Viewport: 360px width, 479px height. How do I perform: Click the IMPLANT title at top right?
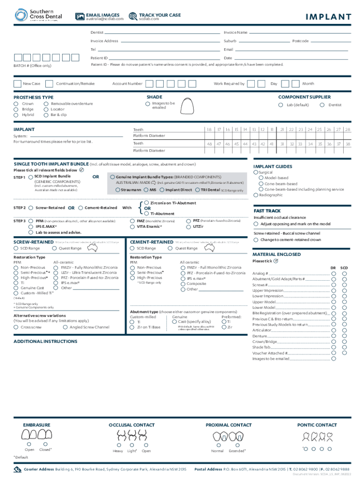click(328, 17)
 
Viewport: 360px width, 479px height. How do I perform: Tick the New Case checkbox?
click(17, 84)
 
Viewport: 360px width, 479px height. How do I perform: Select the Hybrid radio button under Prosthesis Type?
click(16, 115)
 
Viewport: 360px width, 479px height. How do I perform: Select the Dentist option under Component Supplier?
click(322, 105)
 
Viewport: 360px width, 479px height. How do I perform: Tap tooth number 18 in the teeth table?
click(209, 129)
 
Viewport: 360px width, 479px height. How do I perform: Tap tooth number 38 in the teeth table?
click(347, 144)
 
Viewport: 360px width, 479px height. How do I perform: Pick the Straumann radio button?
click(117, 190)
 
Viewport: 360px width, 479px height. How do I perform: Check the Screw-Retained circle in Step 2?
click(31, 208)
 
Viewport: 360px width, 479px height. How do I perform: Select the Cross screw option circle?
click(16, 327)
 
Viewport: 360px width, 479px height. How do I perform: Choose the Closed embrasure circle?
click(45, 444)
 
